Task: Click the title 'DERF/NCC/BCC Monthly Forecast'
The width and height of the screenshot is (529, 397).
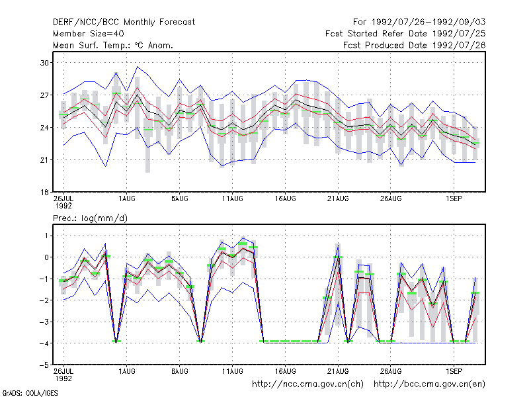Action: [x=124, y=22]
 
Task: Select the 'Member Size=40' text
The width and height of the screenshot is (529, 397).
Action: [x=89, y=34]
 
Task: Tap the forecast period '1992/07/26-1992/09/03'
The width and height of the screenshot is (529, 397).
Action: [x=428, y=22]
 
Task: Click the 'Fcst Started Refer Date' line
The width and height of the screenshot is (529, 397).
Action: [x=405, y=34]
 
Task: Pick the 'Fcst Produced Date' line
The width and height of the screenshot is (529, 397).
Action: [x=415, y=45]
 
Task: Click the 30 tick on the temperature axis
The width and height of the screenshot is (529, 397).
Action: [x=44, y=63]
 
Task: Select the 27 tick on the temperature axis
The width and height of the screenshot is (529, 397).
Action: [x=44, y=95]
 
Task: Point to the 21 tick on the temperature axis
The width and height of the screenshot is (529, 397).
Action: [x=44, y=159]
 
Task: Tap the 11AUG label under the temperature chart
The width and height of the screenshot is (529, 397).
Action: [x=233, y=198]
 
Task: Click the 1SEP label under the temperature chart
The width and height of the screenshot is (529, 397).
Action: [x=454, y=198]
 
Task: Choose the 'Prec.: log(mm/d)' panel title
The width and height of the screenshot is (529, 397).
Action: [x=90, y=218]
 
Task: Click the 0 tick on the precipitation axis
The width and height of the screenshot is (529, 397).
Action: [x=46, y=257]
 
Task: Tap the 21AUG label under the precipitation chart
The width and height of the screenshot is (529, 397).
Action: [x=338, y=371]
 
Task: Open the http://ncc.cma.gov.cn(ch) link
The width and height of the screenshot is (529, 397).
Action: [x=307, y=384]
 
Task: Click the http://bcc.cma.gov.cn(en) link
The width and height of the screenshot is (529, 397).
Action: [x=429, y=384]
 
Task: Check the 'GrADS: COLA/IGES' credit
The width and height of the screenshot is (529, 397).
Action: [x=30, y=393]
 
